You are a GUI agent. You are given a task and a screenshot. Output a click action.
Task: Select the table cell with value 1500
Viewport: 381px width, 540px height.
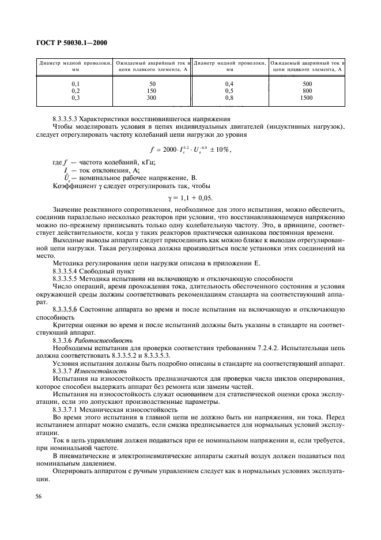pos(307,98)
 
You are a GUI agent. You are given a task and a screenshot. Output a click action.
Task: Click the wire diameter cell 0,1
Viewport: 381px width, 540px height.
pos(74,84)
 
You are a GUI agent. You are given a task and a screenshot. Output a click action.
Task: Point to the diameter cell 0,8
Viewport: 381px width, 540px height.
pos(229,98)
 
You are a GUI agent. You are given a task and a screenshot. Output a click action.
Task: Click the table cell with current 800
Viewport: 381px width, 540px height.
pos(307,91)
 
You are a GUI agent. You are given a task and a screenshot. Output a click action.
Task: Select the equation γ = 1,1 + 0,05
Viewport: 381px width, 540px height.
pos(190,197)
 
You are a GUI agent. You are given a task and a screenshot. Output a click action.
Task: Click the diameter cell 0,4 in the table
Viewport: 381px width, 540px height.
pos(229,84)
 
